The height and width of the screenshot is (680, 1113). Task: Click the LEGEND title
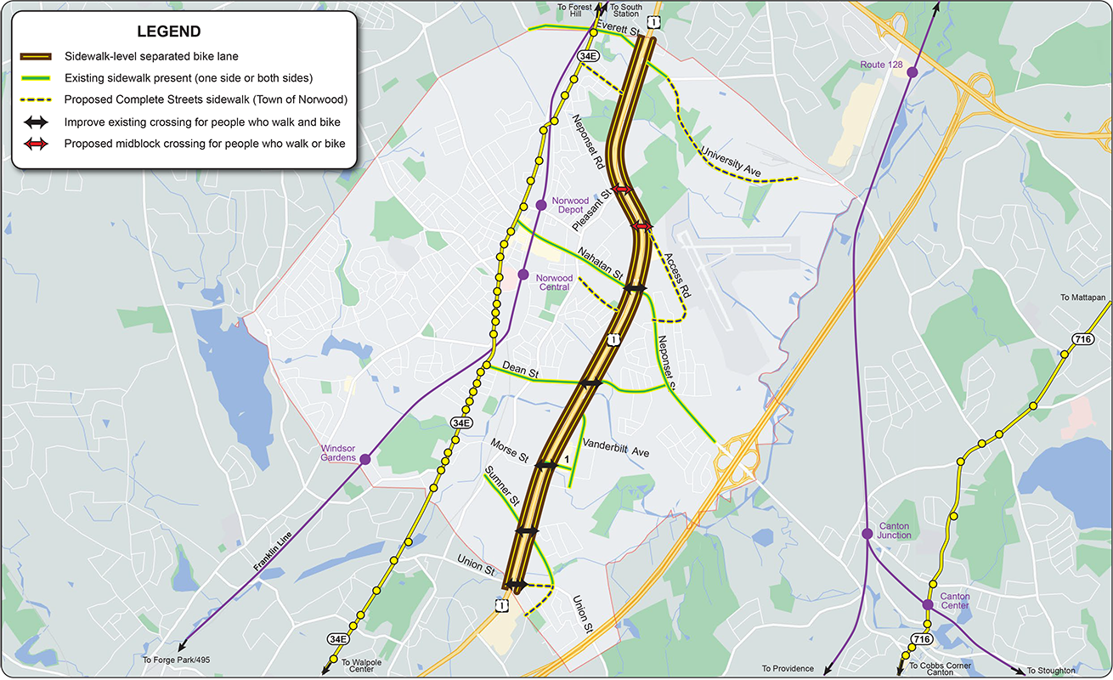[168, 32]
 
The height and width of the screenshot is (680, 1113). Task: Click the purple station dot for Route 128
[912, 73]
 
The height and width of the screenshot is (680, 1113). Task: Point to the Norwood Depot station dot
[541, 205]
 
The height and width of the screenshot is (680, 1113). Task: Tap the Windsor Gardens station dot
[364, 459]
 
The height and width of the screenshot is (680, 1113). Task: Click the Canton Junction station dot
[867, 534]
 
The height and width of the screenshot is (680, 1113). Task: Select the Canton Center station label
[955, 601]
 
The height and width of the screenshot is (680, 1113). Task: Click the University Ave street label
[730, 161]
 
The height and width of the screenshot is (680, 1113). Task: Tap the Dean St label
[520, 370]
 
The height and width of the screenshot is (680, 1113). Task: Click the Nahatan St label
[600, 264]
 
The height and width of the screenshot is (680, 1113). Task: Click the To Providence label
[788, 669]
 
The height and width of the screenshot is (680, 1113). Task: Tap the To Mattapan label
[1082, 297]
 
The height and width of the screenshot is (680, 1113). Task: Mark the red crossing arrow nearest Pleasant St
[621, 190]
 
